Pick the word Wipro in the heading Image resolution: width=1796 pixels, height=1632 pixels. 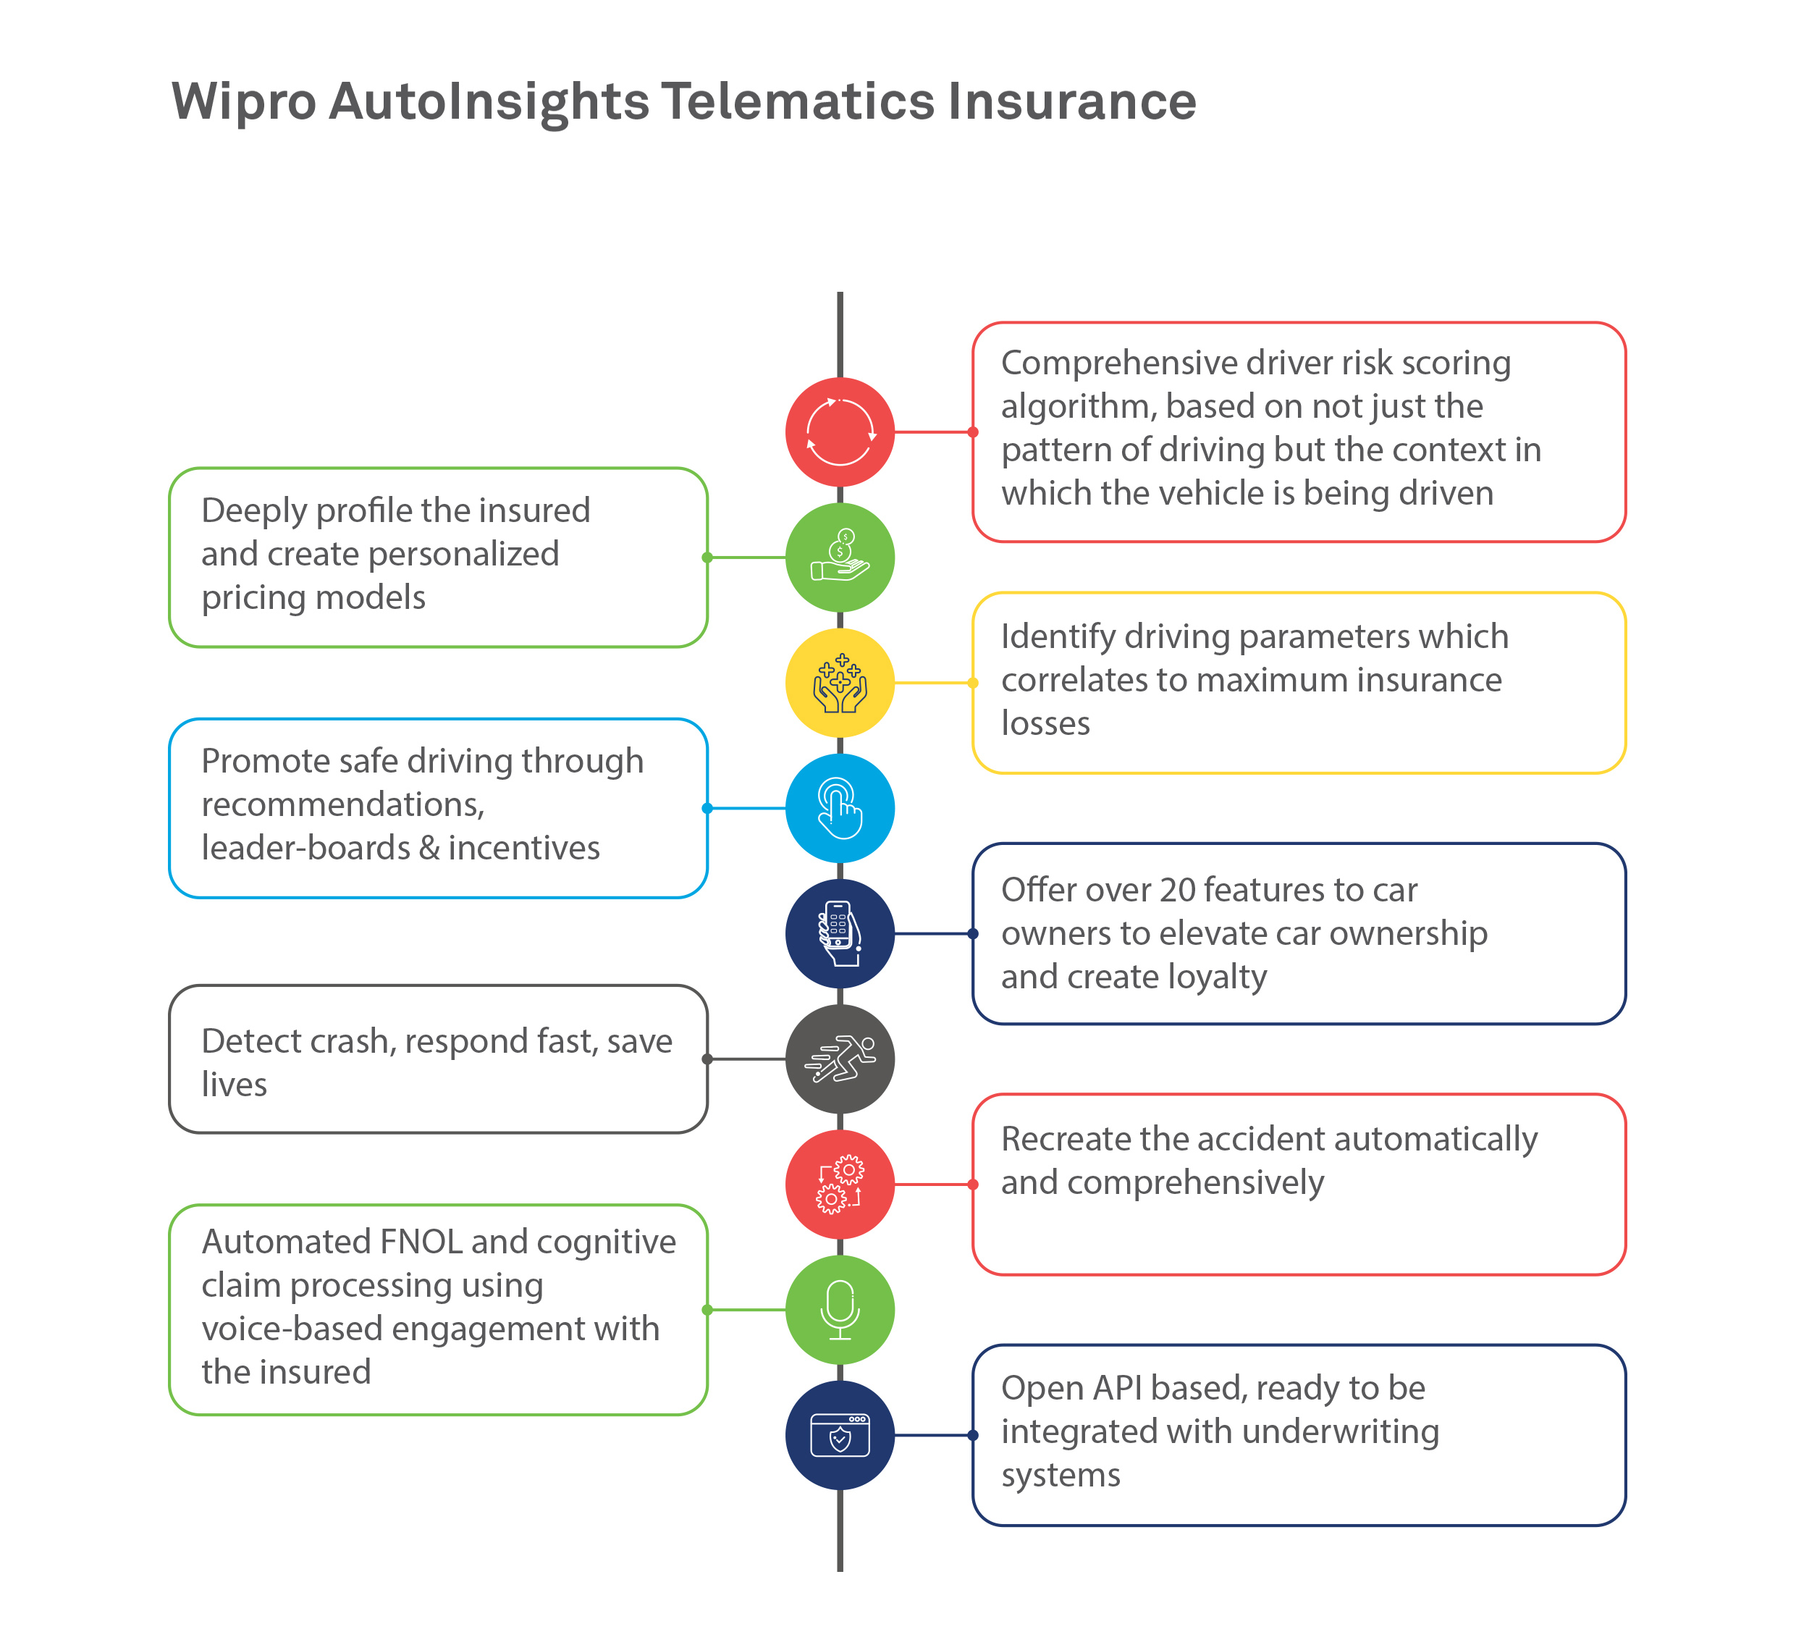point(243,101)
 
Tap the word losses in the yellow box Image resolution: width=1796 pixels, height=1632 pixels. point(1045,723)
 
